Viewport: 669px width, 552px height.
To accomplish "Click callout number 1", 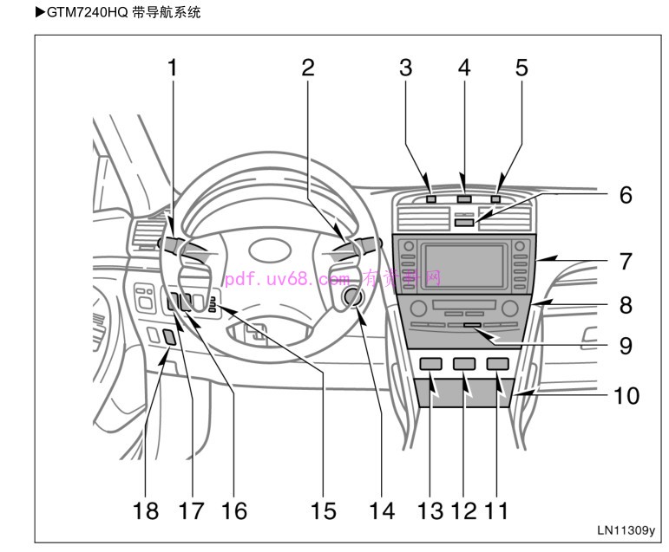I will pos(172,68).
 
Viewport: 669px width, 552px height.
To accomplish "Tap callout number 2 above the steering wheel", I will pos(308,68).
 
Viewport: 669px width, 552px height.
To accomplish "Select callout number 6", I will pos(626,195).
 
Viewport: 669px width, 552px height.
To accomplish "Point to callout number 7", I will pos(626,260).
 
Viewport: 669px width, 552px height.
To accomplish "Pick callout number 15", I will pos(323,511).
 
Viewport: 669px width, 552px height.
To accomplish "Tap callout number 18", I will pos(147,511).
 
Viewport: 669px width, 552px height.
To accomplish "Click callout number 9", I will pos(626,347).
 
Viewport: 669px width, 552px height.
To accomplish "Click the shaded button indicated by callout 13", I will pos(430,365).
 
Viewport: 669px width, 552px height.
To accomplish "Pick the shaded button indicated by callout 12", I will pos(463,365).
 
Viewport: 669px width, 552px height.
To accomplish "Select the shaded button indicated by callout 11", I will pos(497,365).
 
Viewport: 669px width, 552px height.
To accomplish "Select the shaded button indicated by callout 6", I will pos(464,223).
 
